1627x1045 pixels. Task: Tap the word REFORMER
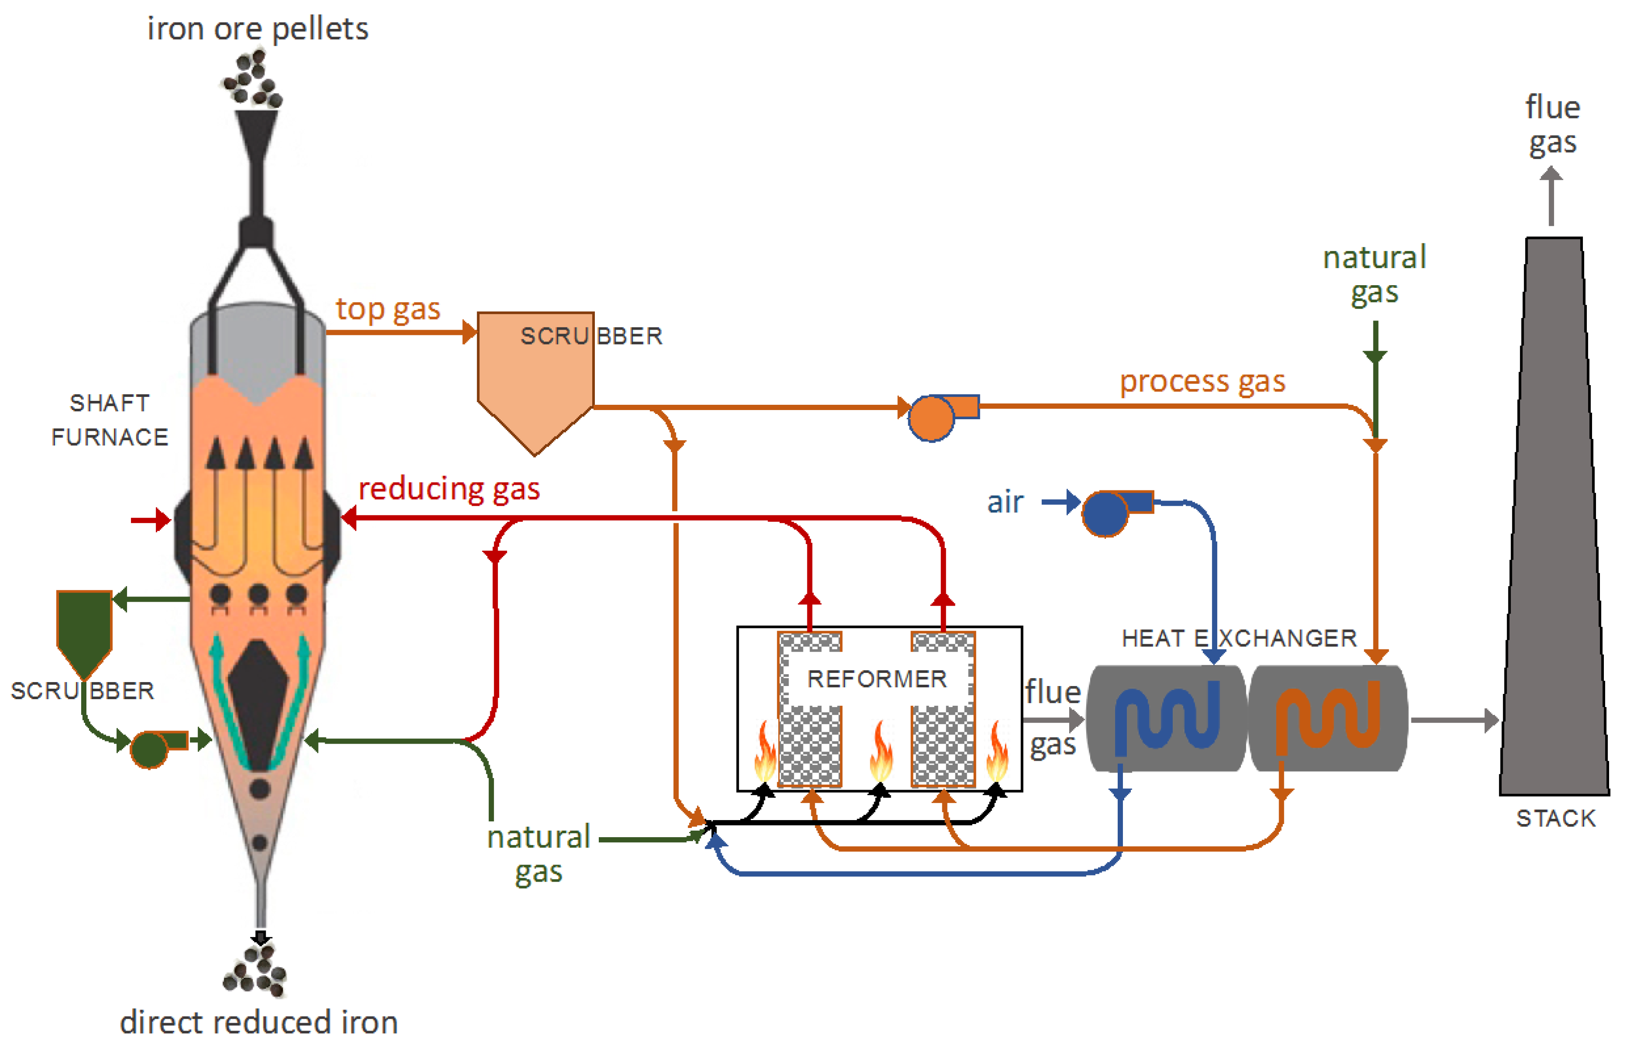[x=876, y=679]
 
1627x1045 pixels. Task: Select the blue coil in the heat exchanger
[x=1167, y=718]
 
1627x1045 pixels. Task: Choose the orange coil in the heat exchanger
[x=1327, y=718]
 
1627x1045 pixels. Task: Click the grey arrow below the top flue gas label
[x=1551, y=197]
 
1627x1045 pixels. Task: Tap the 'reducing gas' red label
[x=449, y=489]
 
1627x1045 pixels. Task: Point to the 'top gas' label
[x=388, y=310]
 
